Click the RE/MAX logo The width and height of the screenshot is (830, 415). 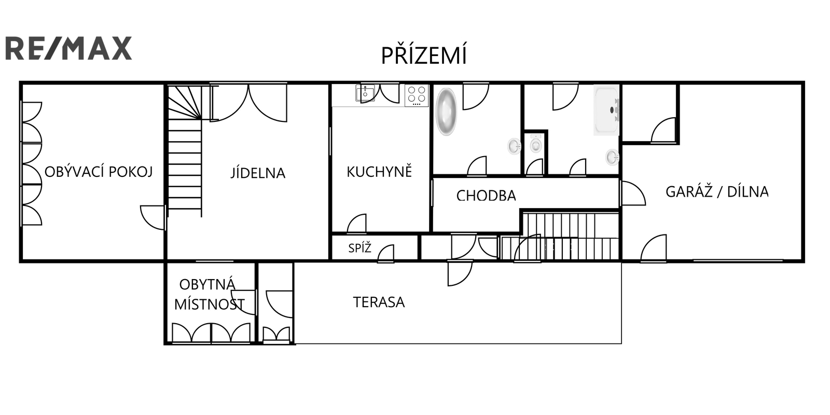click(x=68, y=48)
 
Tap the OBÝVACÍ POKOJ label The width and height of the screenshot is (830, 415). click(x=99, y=172)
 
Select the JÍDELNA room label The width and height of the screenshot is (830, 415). click(x=258, y=173)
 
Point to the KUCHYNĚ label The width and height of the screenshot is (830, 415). click(x=379, y=172)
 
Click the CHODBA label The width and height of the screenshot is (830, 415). click(x=486, y=196)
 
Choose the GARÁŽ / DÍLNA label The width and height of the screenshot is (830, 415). click(x=717, y=191)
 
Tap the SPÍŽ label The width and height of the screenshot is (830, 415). click(x=359, y=247)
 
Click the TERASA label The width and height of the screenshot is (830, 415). click(x=379, y=302)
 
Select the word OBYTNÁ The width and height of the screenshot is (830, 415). click(x=207, y=285)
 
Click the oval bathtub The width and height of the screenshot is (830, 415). click(x=446, y=112)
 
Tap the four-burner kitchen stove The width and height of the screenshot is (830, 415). click(x=417, y=95)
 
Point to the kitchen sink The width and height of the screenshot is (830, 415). click(x=365, y=93)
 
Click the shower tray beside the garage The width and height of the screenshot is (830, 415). click(x=606, y=110)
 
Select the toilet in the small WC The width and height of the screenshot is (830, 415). click(x=535, y=144)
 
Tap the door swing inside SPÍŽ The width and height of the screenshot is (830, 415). click(x=386, y=254)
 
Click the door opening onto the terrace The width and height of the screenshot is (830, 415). click(x=460, y=273)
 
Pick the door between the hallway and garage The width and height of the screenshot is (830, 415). click(x=632, y=193)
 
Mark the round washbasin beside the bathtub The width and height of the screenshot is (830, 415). click(x=514, y=146)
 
